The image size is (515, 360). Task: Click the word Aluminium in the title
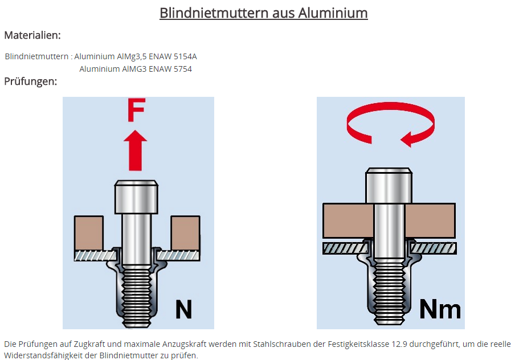[x=333, y=13]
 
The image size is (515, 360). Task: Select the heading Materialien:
[x=32, y=35]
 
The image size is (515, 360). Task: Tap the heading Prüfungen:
[x=31, y=81]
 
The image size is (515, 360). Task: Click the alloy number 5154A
[x=185, y=56]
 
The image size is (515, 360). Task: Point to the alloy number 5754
[x=183, y=69]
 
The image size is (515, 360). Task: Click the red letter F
[x=136, y=110]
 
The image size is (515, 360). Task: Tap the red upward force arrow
[x=136, y=150]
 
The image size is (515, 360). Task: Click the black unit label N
[x=183, y=309]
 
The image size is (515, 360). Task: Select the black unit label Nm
[x=440, y=309]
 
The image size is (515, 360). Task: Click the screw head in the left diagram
[x=136, y=197]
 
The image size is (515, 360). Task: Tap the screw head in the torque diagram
[x=389, y=186]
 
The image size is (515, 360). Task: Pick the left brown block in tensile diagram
[x=89, y=233]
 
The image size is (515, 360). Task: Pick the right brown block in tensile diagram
[x=186, y=233]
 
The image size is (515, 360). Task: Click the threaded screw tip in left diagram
[x=136, y=296]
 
